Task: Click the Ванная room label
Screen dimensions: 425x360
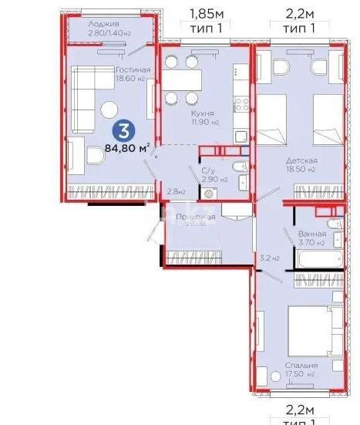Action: click(x=311, y=234)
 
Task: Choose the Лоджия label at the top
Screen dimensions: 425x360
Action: click(x=103, y=24)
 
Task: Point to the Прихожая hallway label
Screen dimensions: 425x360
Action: click(x=195, y=218)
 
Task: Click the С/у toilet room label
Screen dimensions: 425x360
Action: click(x=208, y=172)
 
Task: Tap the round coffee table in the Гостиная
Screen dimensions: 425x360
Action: click(x=110, y=109)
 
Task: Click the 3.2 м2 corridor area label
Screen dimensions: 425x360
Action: click(x=268, y=258)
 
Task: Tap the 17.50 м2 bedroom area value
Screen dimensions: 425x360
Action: click(x=299, y=375)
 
